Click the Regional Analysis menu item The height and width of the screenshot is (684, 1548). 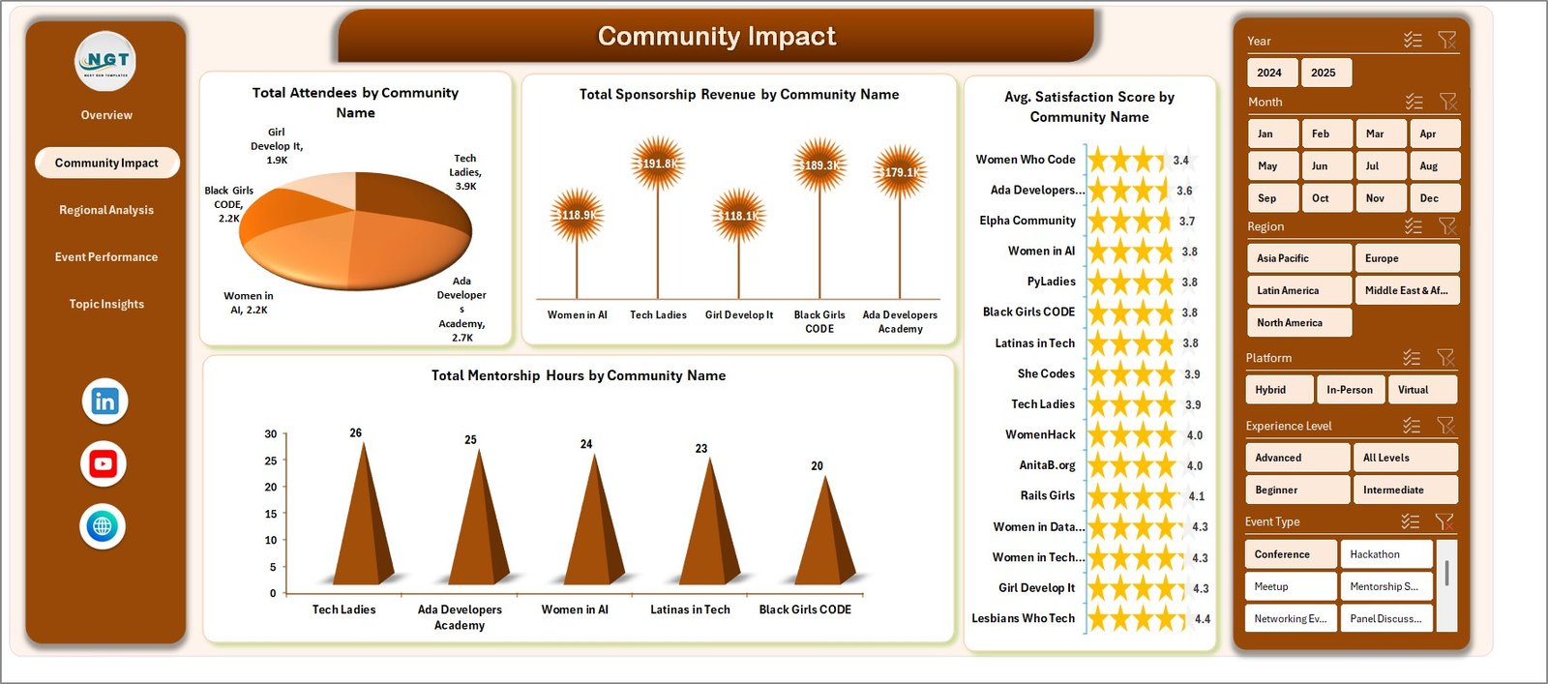coord(106,210)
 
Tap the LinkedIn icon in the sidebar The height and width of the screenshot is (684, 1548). coord(104,401)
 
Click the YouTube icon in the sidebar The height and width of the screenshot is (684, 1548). coord(104,464)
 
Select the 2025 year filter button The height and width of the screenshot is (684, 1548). coord(1324,73)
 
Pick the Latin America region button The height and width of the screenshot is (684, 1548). coord(1297,290)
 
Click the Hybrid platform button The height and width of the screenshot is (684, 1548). coord(1278,390)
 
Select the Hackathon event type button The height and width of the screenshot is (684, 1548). coord(1384,554)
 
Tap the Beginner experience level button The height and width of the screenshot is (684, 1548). coord(1296,490)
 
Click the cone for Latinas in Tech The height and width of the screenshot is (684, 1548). coord(710,527)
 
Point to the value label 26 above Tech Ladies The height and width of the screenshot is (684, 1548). coord(356,432)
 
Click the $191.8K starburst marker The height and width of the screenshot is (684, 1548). coord(658,164)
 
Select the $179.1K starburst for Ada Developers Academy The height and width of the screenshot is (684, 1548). coord(900,172)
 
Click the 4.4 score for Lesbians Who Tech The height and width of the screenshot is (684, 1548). coord(1203,619)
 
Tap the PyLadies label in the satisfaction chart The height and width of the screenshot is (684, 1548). coord(1051,282)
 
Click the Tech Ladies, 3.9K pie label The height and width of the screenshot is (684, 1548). coord(465,172)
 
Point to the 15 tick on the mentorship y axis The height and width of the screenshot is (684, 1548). coord(271,514)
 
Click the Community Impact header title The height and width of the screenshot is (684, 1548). coord(716,36)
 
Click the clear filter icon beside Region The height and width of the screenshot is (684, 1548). coord(1447,226)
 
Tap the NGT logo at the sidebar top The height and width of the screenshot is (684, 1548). coord(106,61)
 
